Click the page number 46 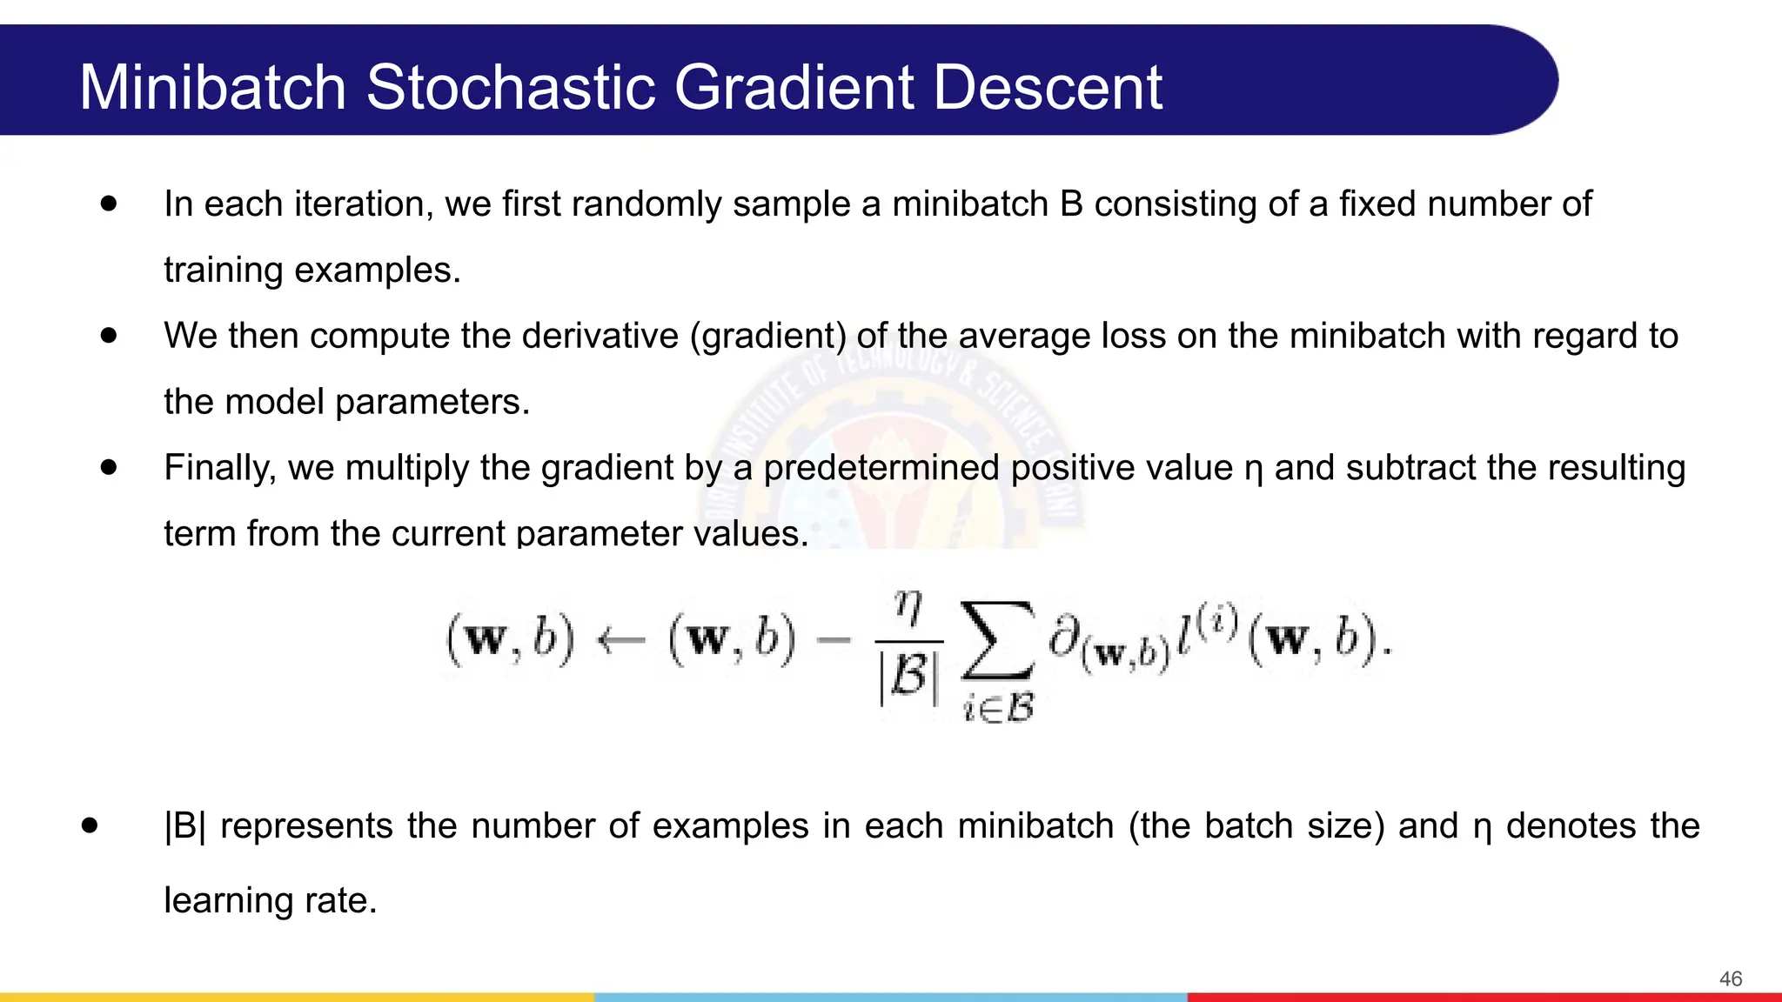click(x=1730, y=979)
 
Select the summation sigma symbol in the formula click(x=998, y=641)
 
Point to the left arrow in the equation click(x=621, y=641)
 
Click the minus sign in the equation click(x=834, y=641)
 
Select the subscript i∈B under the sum click(x=999, y=708)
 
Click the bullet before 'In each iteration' click(x=108, y=204)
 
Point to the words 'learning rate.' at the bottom click(x=270, y=900)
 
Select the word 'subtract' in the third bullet click(x=1410, y=468)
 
